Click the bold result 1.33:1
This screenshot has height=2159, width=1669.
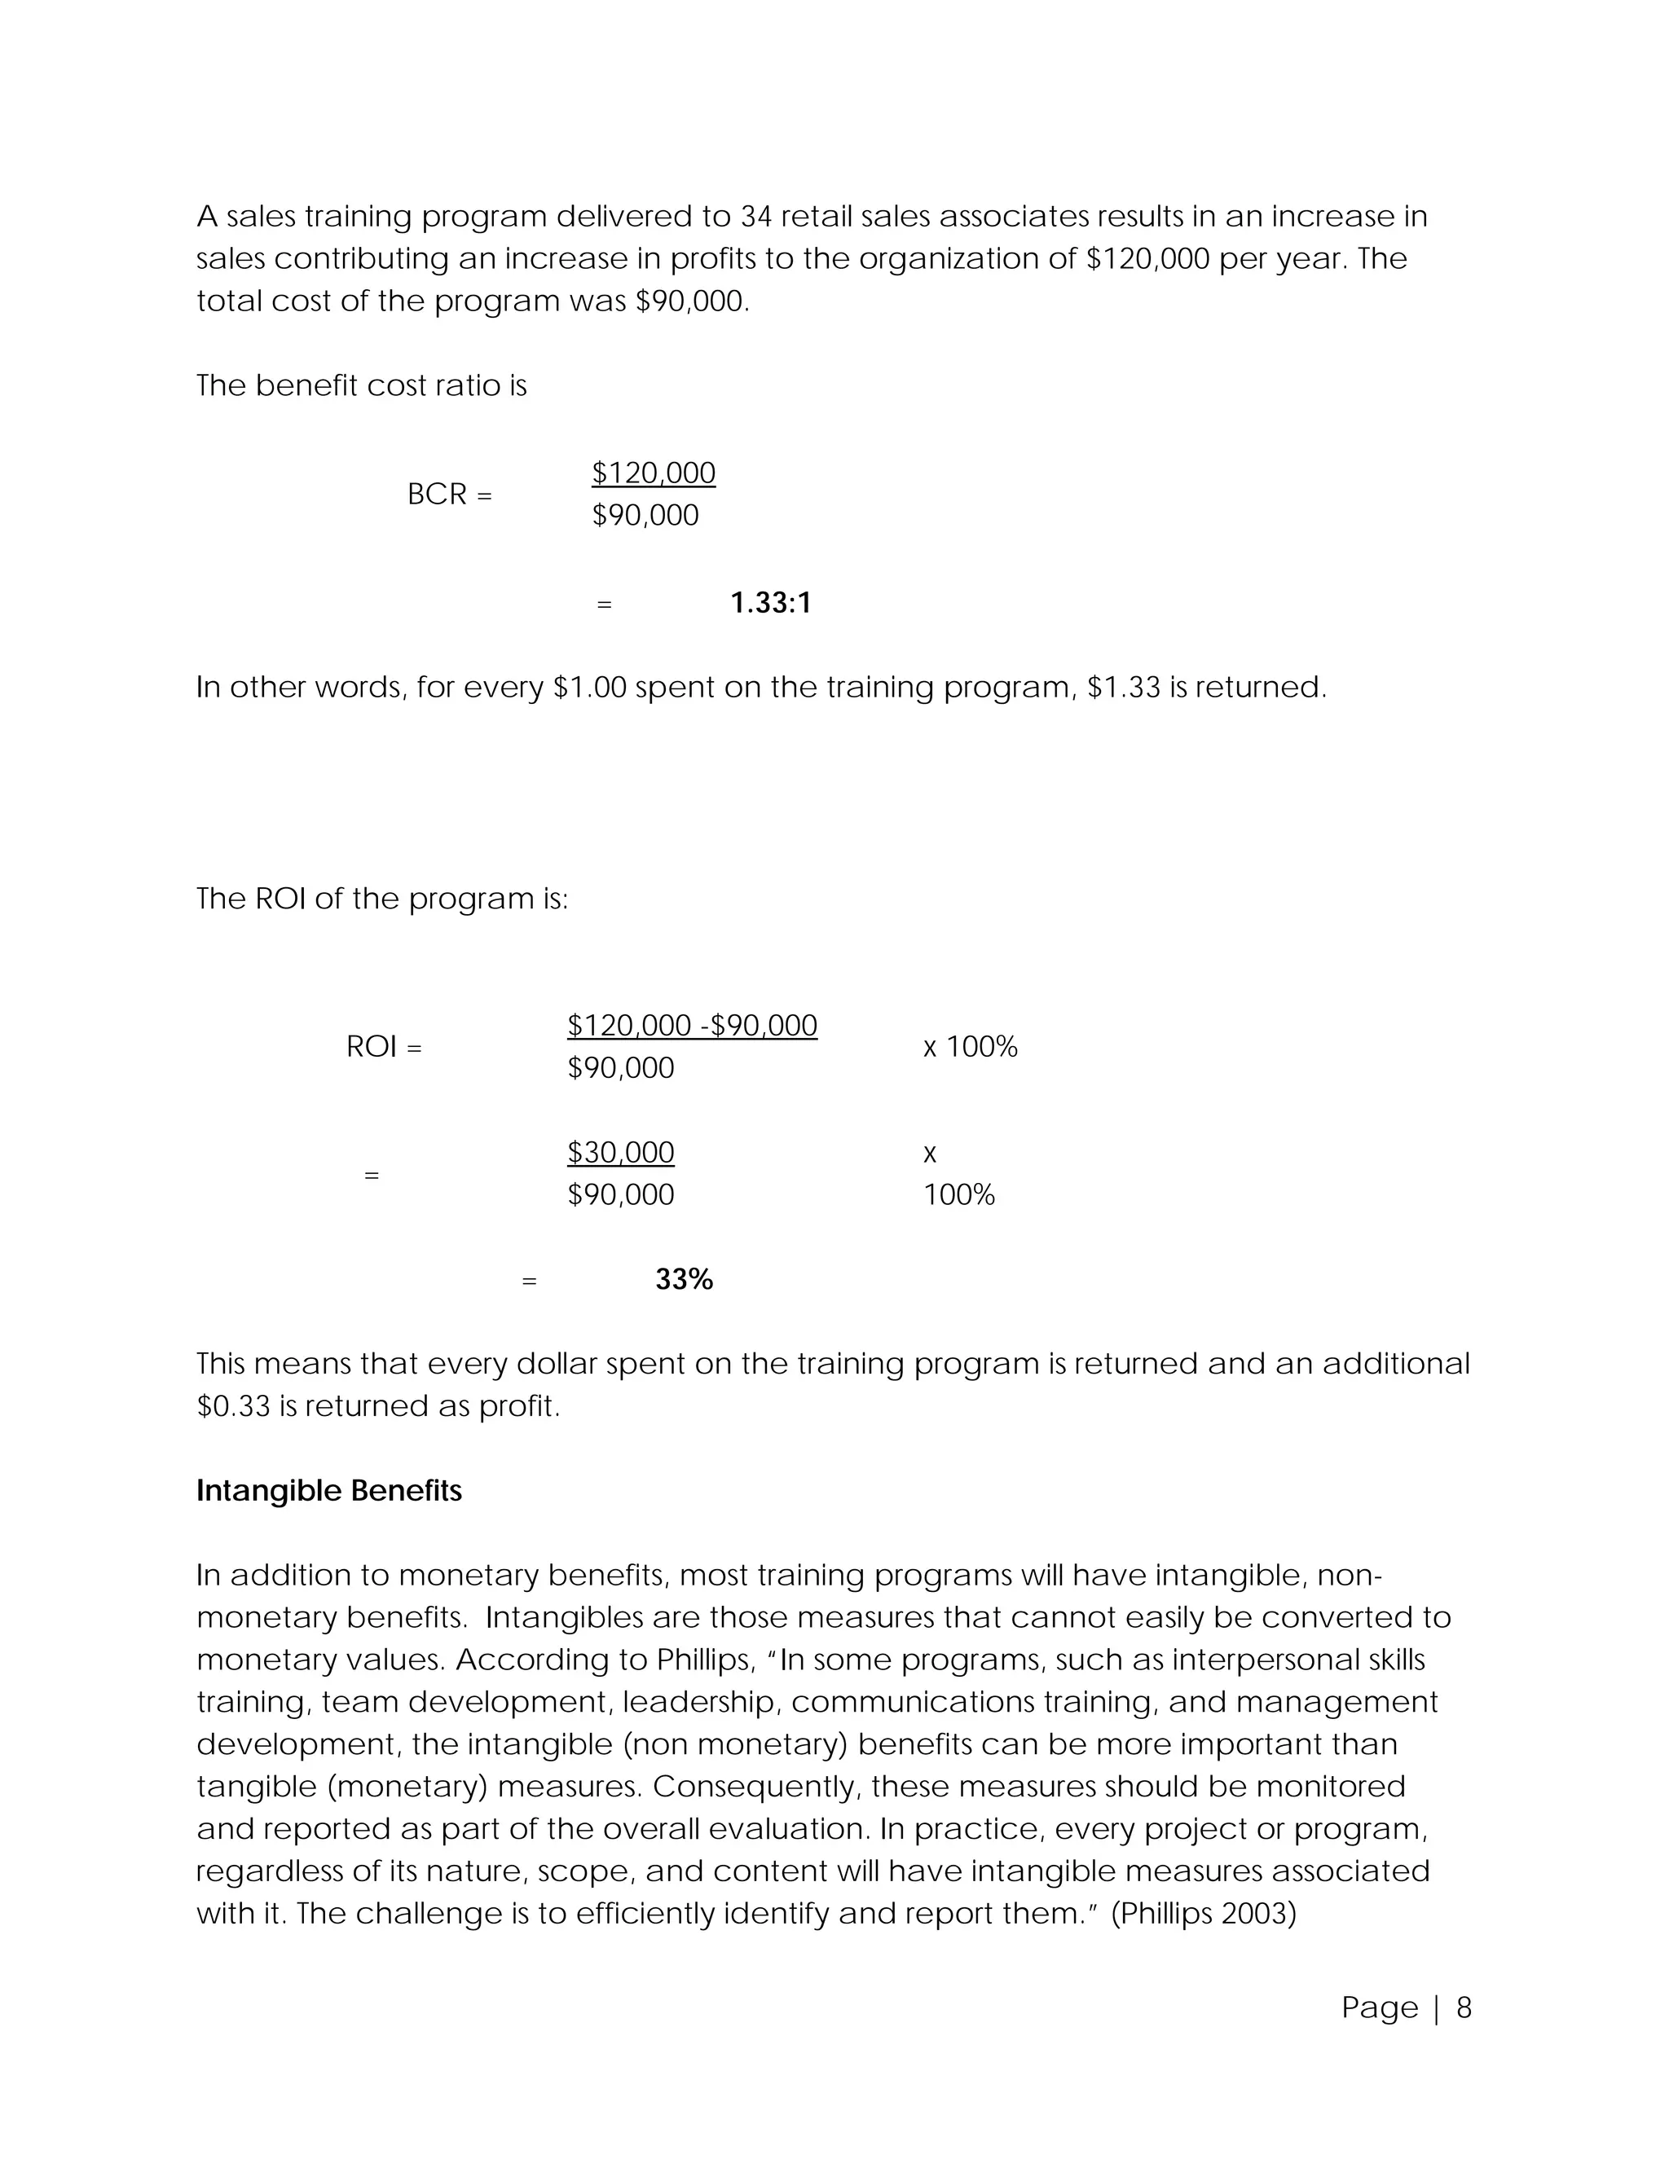(770, 603)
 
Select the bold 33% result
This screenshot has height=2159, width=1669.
(683, 1279)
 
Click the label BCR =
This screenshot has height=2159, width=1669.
(449, 495)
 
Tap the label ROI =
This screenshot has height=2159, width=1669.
(384, 1047)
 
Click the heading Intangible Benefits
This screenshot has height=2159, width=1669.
(328, 1491)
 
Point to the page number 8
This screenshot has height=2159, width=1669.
(1464, 2007)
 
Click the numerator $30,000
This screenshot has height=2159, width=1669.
(620, 1153)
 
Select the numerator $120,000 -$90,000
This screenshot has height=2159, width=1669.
(692, 1025)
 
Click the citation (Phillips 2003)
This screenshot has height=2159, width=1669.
(1204, 1914)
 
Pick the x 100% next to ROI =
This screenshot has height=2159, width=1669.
(970, 1047)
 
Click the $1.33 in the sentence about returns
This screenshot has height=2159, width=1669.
(1123, 687)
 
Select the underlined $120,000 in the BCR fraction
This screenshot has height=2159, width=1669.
(654, 473)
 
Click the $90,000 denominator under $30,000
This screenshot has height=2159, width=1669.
(620, 1195)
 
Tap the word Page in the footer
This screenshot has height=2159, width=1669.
(1380, 2007)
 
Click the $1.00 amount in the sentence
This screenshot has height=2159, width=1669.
(590, 687)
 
